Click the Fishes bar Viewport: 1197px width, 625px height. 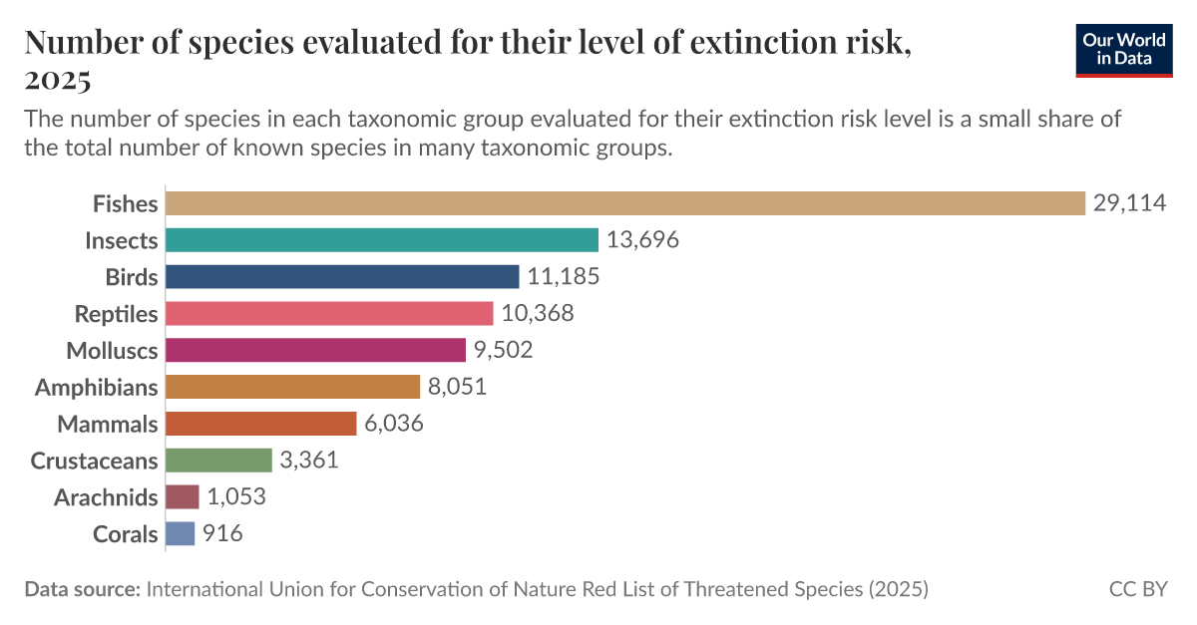tap(624, 203)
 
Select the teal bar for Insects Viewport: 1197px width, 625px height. tap(381, 240)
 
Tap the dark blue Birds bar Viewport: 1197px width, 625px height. tap(342, 277)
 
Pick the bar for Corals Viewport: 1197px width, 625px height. tap(180, 533)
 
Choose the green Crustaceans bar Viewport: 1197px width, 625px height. tap(218, 460)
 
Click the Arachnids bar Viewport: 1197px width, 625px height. tap(183, 496)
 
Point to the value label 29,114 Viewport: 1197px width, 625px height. tap(1129, 203)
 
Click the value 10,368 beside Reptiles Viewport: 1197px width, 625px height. tap(538, 313)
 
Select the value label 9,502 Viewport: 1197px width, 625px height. tap(503, 350)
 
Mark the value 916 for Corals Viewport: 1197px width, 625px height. tap(222, 533)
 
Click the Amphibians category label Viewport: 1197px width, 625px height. tap(97, 387)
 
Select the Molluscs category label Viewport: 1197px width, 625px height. tap(112, 351)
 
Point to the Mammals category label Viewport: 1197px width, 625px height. tap(108, 424)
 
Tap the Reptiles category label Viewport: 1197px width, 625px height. tap(117, 314)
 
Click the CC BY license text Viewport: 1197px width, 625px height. tap(1138, 589)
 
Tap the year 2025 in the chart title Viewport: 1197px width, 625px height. tap(58, 79)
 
